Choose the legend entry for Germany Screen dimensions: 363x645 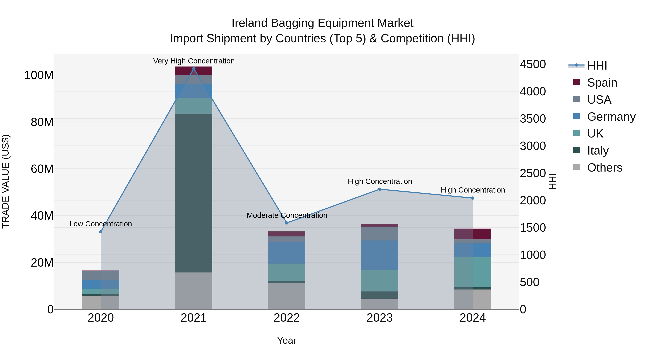pos(611,117)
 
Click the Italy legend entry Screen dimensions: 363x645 pos(598,151)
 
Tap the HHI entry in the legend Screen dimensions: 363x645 pos(597,66)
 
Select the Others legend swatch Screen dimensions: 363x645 pos(576,167)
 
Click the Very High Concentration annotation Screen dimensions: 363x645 pos(194,61)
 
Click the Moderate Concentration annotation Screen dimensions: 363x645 pos(287,215)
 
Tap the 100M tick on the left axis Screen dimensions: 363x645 pos(39,75)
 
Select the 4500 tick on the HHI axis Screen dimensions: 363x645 pos(533,64)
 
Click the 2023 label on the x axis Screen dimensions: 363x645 pos(380,318)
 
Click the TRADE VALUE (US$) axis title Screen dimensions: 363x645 pos(6,181)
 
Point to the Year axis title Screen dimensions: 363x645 pos(287,340)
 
